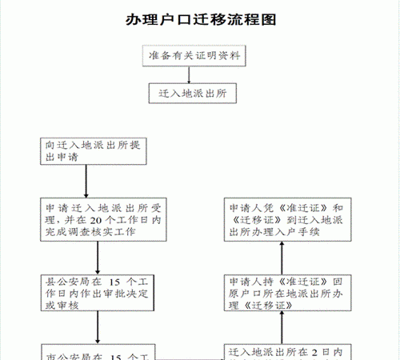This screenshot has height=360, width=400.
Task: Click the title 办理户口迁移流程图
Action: pos(200,20)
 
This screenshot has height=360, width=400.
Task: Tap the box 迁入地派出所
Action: pos(190,94)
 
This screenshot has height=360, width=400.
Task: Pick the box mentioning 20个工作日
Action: pos(97,218)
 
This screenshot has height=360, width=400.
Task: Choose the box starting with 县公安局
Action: pos(97,294)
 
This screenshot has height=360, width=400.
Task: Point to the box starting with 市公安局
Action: pos(97,352)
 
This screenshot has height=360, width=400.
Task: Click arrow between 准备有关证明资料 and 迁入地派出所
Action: pos(190,74)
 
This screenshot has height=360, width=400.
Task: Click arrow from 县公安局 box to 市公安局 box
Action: pos(97,328)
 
